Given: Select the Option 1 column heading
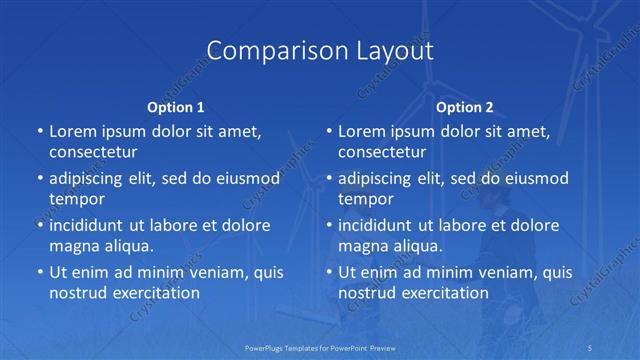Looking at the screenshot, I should click(x=175, y=107).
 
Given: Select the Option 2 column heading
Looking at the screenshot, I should click(x=465, y=107).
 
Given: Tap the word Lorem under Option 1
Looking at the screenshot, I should click(x=73, y=131).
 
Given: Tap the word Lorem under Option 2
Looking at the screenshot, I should click(x=363, y=131).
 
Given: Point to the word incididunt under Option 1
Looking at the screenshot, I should click(x=92, y=225).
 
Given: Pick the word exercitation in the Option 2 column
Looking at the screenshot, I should click(x=444, y=293).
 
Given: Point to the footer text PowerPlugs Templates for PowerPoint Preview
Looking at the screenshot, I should click(x=319, y=347).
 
